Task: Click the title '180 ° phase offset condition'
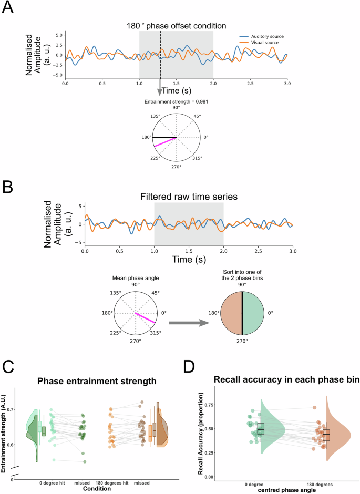[x=176, y=25]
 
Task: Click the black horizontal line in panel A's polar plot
[x=165, y=137]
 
